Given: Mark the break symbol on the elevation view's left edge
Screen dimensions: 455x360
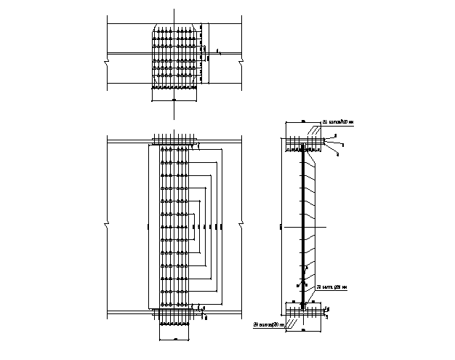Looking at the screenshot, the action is coord(106,225).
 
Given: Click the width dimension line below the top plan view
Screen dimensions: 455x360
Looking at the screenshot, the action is coord(174,99).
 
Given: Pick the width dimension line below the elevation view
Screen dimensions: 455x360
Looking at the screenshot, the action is coord(174,339).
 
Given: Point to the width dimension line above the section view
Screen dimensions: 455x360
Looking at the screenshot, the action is coord(302,121).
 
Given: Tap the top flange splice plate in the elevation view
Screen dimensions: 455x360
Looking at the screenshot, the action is coord(174,138).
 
